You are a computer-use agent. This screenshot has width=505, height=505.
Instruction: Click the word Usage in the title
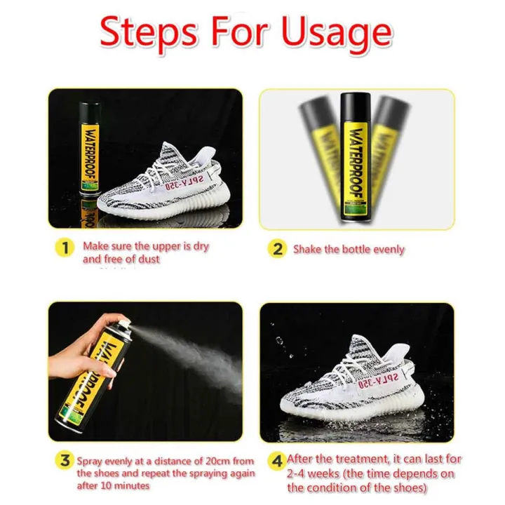pyautogui.click(x=335, y=32)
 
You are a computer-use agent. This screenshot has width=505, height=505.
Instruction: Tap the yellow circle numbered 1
pyautogui.click(x=65, y=248)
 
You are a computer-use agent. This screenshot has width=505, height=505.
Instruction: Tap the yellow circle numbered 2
pyautogui.click(x=278, y=249)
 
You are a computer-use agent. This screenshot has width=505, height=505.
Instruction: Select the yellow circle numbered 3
pyautogui.click(x=65, y=460)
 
